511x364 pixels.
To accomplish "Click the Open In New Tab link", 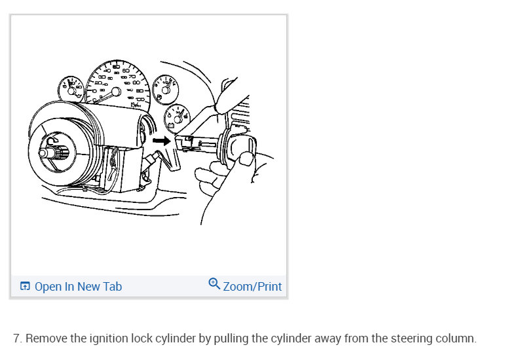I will tap(78, 287).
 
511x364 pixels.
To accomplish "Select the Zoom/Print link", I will tap(252, 287).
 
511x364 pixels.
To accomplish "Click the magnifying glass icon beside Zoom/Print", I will tap(214, 284).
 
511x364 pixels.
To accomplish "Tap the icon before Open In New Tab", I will tap(25, 287).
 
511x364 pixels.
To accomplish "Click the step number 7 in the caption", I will tap(17, 339).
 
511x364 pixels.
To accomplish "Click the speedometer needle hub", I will tap(116, 91).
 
